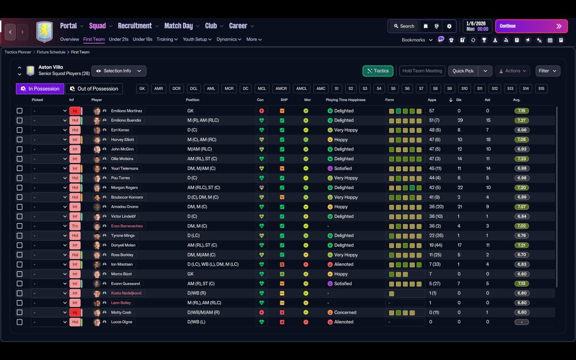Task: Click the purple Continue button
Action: (x=531, y=26)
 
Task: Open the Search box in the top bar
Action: (x=404, y=26)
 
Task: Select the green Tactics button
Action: (x=378, y=71)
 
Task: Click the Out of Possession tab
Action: (x=94, y=89)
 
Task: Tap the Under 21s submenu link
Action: (x=118, y=39)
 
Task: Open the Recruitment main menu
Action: (x=135, y=26)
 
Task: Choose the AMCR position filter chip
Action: (x=281, y=89)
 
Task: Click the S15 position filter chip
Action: (x=541, y=89)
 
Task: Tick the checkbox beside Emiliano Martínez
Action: (x=19, y=111)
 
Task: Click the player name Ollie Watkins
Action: (x=122, y=159)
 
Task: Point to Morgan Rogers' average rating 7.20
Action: (x=522, y=188)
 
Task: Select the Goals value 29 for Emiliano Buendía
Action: (x=460, y=120)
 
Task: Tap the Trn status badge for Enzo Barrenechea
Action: (x=75, y=226)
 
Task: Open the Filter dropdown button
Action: (x=548, y=71)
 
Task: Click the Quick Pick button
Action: (x=463, y=71)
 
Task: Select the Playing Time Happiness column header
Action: (x=346, y=100)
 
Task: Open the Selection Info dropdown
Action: (x=119, y=71)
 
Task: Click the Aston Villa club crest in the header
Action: (x=45, y=31)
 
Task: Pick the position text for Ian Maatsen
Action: (x=213, y=264)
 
